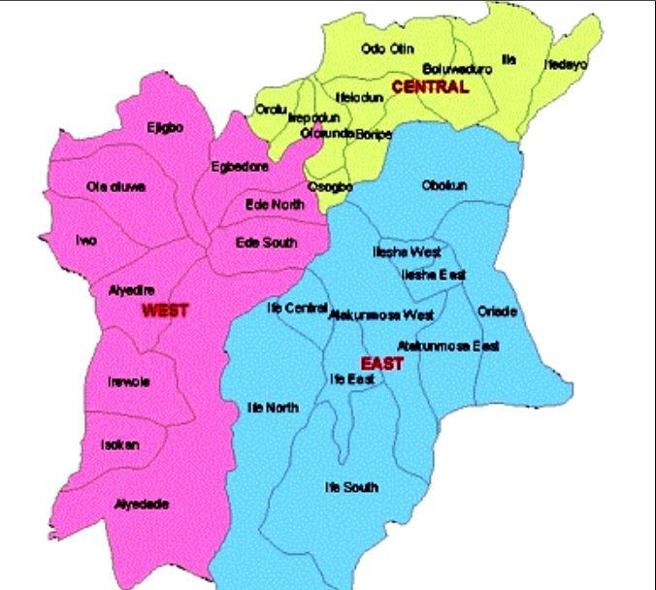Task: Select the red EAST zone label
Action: [382, 363]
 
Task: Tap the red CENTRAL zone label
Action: [430, 87]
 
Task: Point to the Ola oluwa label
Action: [116, 186]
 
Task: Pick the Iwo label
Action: [86, 241]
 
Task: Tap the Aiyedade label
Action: [142, 504]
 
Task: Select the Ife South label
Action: [351, 487]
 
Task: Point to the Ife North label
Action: [273, 408]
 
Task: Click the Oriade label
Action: [498, 311]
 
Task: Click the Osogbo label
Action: [323, 186]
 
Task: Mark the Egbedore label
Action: [240, 167]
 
